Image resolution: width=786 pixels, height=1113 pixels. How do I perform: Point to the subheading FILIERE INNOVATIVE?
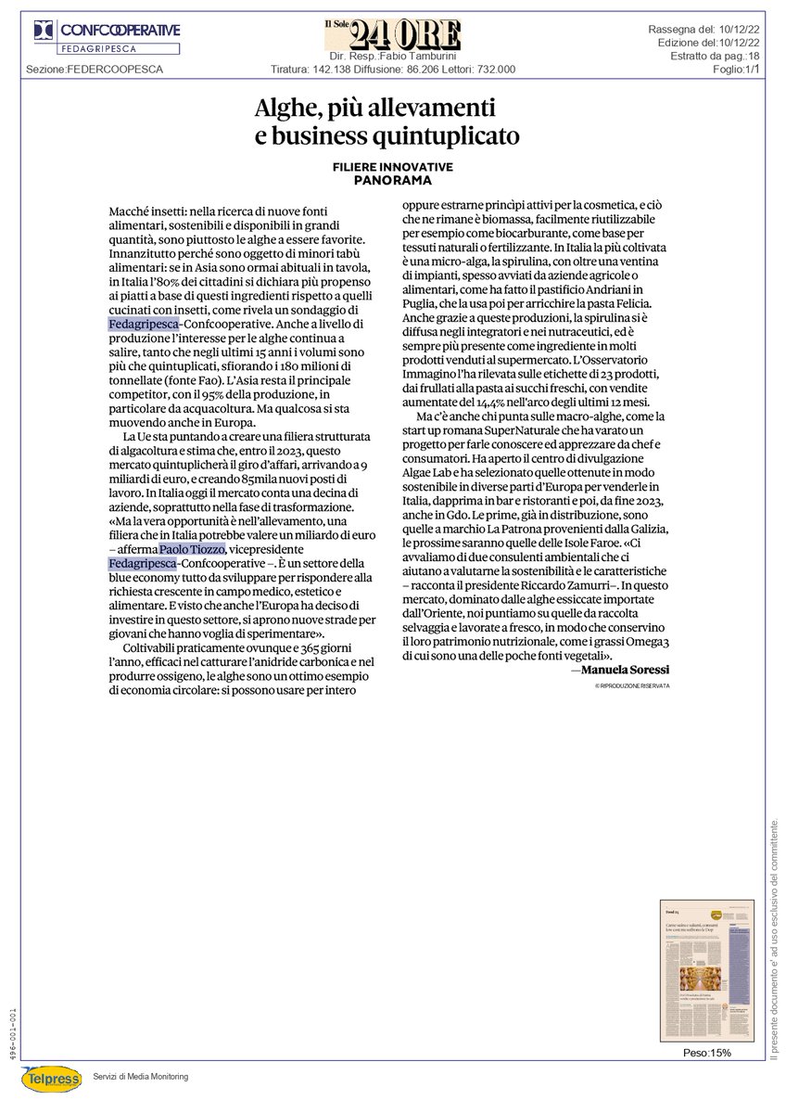[x=393, y=166]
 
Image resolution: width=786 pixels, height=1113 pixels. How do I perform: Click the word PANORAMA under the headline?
[x=393, y=179]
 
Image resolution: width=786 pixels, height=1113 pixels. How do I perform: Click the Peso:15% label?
[x=707, y=1053]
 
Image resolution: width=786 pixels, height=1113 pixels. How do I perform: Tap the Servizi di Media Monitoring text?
[x=140, y=1076]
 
